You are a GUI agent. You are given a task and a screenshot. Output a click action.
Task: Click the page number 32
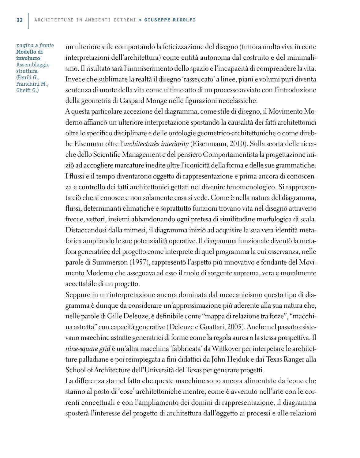pos(19,20)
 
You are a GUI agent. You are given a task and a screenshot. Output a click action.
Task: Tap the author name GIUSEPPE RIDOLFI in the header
pos(170,20)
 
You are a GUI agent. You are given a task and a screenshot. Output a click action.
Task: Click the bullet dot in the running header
pos(140,20)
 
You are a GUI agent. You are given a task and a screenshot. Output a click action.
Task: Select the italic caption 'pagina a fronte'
pos(35,46)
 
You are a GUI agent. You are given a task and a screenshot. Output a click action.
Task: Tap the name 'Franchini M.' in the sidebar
pos(32,84)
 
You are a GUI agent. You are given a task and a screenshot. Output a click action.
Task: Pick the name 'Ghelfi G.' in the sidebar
pos(27,91)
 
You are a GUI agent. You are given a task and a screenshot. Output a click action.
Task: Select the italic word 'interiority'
pos(173,144)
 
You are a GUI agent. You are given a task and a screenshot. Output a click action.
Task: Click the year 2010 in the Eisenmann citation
pos(232,144)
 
